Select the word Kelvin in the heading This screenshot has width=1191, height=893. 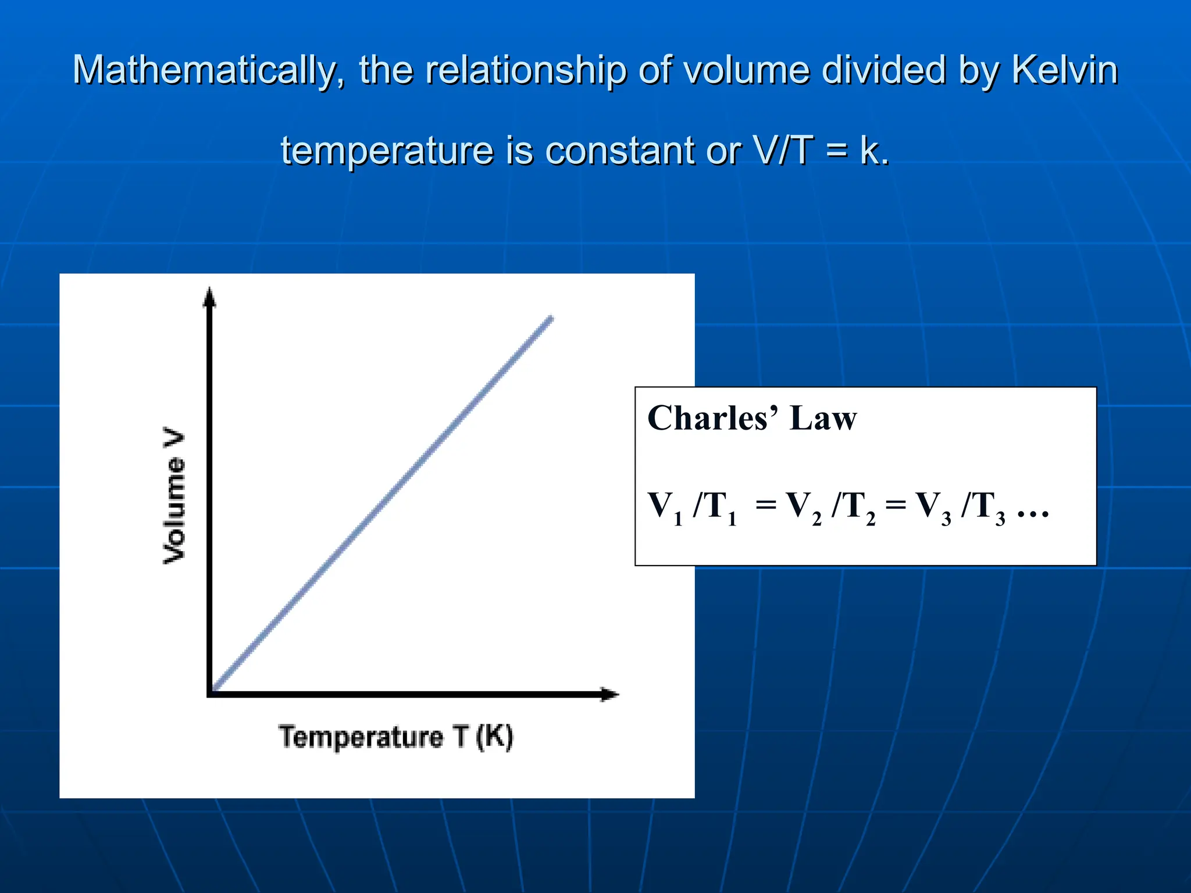click(x=1064, y=70)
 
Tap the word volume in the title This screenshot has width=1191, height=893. click(x=746, y=71)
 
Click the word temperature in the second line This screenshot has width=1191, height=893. click(x=387, y=151)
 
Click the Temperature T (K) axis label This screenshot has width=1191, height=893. click(x=396, y=737)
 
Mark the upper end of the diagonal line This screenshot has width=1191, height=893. click(x=551, y=319)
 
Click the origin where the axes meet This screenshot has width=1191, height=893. click(x=211, y=693)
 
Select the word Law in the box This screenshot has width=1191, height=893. click(x=823, y=418)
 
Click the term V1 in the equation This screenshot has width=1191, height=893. click(x=664, y=506)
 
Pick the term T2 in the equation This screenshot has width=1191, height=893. click(x=860, y=506)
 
